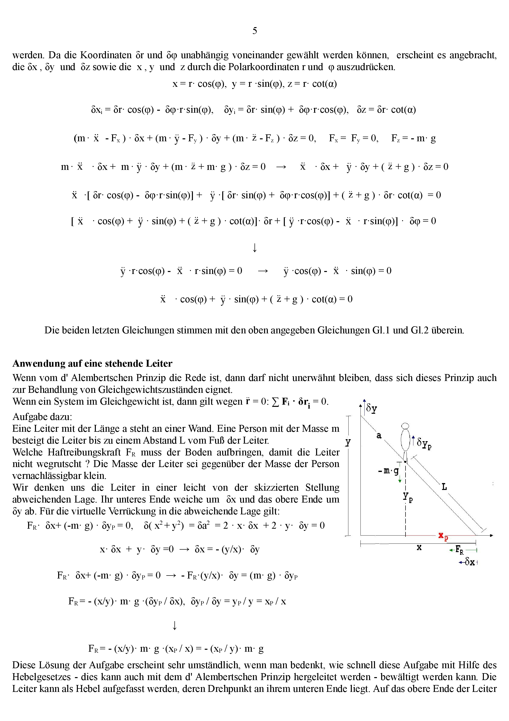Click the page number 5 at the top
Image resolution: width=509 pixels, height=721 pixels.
coord(254,31)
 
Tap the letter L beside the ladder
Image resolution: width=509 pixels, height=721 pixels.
coord(444,487)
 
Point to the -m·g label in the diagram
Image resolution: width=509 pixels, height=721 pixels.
coord(389,471)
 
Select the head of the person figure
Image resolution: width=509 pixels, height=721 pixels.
coord(406,426)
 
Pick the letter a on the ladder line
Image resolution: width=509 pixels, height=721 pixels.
coord(379,435)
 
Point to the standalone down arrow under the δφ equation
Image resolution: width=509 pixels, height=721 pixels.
coord(254,248)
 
